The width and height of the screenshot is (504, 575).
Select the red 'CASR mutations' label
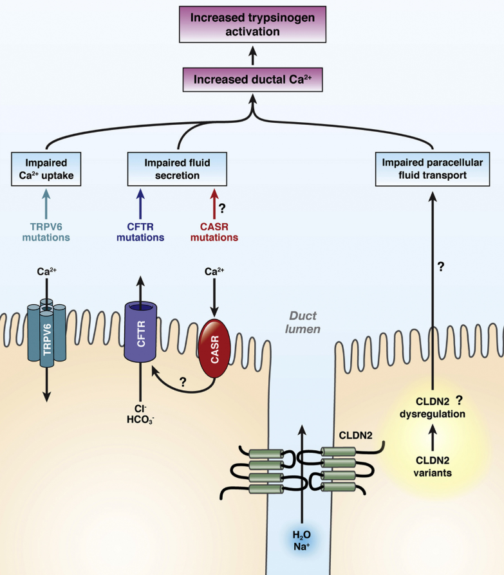(x=213, y=231)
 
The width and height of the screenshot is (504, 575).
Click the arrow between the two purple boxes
(x=253, y=57)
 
